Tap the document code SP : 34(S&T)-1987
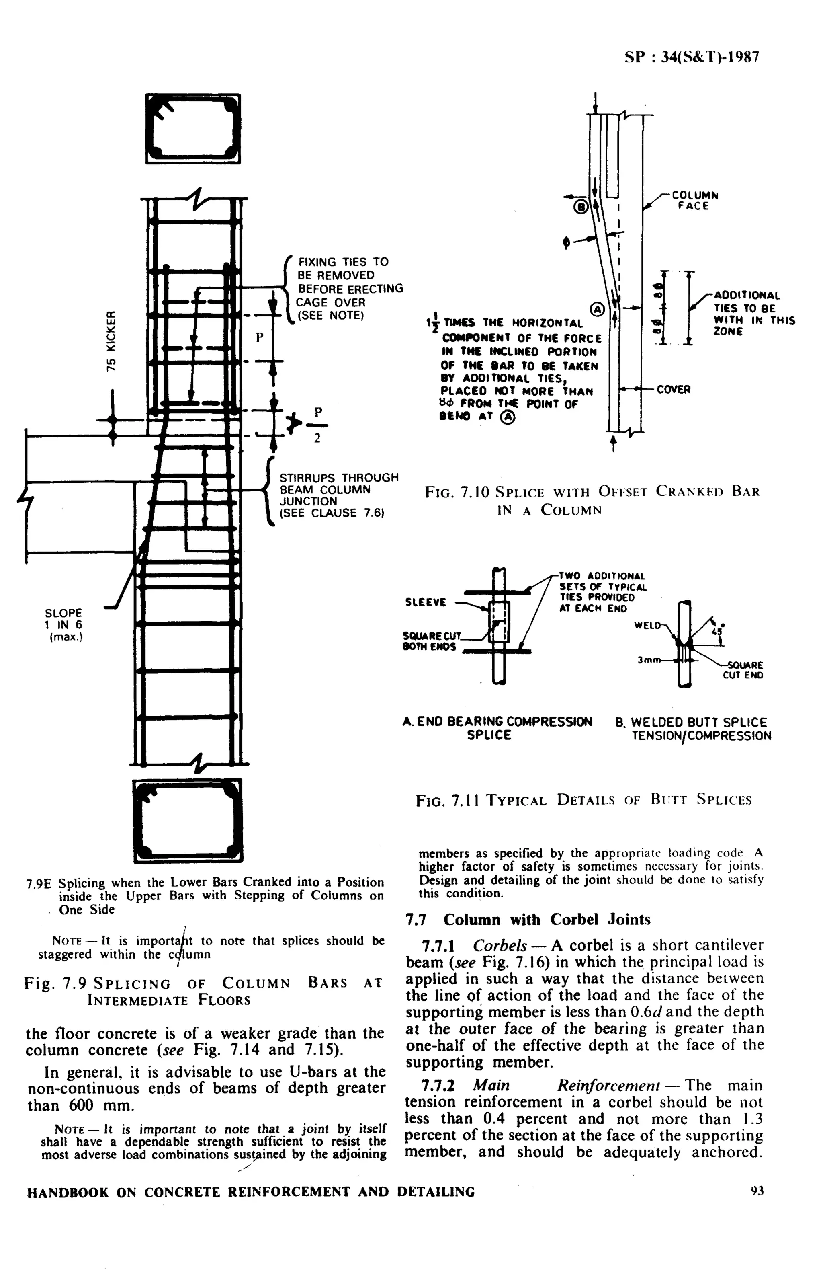point(692,57)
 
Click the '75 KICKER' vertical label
point(111,342)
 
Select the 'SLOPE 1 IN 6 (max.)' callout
point(64,624)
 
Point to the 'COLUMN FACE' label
point(694,201)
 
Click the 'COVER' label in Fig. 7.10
point(674,390)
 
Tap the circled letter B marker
point(581,206)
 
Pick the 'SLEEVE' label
point(426,602)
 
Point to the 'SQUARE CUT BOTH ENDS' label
point(429,641)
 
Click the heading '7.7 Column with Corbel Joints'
point(528,920)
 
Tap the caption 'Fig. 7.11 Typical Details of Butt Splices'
point(583,800)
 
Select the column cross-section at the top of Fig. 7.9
point(193,129)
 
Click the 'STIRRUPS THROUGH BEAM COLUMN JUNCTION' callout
point(339,495)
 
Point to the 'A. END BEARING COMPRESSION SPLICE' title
point(497,728)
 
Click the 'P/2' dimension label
point(318,425)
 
